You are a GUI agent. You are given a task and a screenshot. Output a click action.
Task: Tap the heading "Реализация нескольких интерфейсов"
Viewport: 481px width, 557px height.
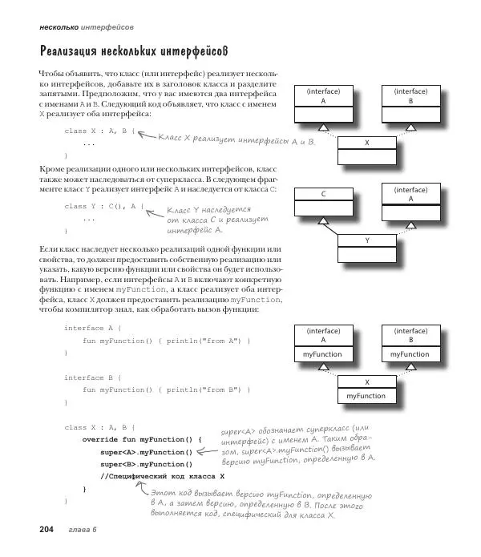[134, 51]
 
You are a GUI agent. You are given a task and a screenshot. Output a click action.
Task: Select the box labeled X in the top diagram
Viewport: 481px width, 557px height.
[366, 142]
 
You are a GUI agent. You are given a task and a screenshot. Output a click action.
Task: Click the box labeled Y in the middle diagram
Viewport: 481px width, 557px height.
[366, 240]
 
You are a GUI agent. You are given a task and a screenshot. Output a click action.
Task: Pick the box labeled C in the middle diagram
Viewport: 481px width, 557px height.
[323, 195]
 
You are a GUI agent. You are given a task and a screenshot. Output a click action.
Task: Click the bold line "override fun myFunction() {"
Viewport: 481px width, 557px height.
[141, 439]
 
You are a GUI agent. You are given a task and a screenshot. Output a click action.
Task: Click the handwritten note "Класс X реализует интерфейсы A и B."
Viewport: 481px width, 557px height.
[236, 140]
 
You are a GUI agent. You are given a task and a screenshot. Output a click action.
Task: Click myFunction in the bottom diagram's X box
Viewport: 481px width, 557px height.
[366, 396]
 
